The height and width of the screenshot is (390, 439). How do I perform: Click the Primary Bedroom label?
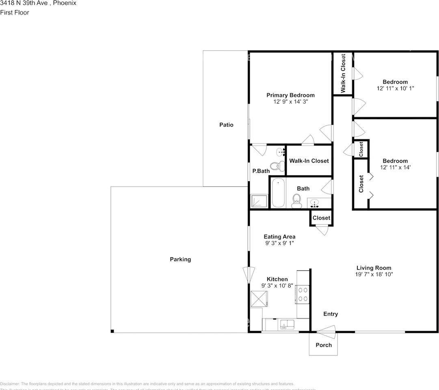(290, 95)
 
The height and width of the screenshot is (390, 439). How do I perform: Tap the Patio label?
(226, 125)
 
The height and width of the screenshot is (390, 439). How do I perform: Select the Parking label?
(180, 259)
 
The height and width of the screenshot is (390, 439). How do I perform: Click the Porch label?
(324, 345)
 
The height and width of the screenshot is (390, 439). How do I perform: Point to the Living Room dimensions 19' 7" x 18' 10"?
(374, 275)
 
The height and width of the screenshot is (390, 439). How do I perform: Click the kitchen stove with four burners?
(303, 294)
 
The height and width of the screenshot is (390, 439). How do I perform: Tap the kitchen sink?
(288, 324)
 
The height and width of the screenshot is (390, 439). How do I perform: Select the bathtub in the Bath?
(278, 193)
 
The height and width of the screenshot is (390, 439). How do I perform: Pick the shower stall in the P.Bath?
(259, 201)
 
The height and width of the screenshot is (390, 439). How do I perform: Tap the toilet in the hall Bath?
(297, 200)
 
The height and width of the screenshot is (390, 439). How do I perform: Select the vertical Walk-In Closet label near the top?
(343, 74)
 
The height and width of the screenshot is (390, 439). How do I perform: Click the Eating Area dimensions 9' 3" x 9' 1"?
(279, 243)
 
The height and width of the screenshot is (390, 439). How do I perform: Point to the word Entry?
(331, 314)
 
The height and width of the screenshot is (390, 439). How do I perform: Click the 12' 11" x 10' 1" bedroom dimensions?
(395, 88)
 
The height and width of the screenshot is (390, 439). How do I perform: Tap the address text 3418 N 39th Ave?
(24, 3)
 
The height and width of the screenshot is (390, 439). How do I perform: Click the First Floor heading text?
(15, 13)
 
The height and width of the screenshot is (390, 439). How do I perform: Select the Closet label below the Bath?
(321, 218)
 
